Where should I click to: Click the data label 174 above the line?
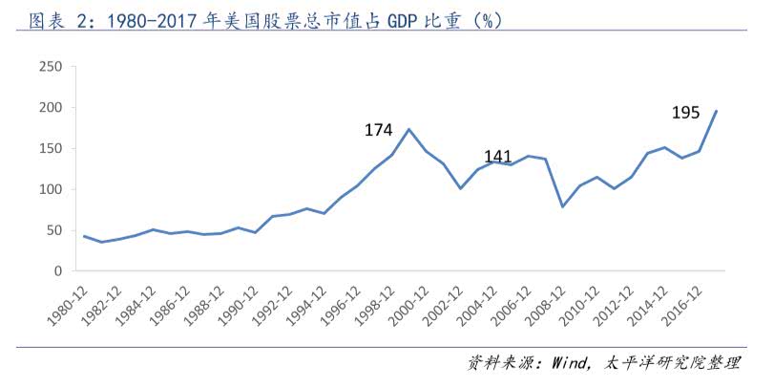pyautogui.click(x=380, y=129)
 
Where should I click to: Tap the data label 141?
pyautogui.click(x=499, y=156)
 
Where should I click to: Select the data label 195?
pyautogui.click(x=687, y=113)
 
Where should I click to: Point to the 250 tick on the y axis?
pyautogui.click(x=50, y=67)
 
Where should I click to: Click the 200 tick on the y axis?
pyautogui.click(x=50, y=108)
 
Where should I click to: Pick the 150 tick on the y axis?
pyautogui.click(x=50, y=149)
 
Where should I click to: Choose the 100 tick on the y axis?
pyautogui.click(x=50, y=190)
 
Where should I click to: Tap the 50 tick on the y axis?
pyautogui.click(x=53, y=230)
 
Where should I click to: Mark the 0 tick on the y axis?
pyautogui.click(x=57, y=271)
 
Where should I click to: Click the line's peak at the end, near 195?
pyautogui.click(x=717, y=111)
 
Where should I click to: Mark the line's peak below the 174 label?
pyautogui.click(x=409, y=129)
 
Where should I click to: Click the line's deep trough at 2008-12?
pyautogui.click(x=563, y=206)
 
